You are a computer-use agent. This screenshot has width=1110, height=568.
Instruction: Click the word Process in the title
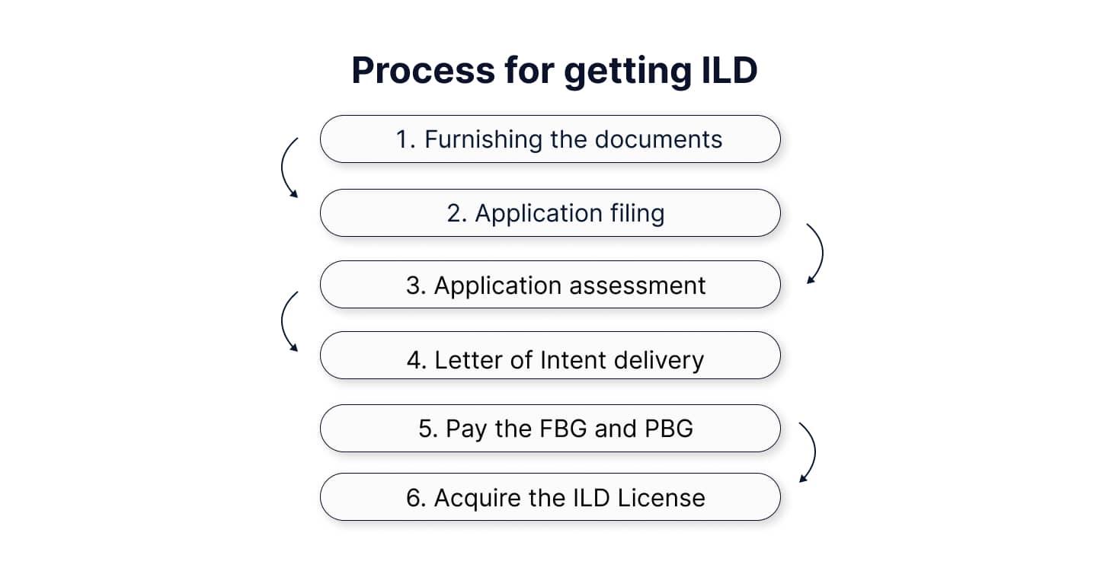click(423, 70)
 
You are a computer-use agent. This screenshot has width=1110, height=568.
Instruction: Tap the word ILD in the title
click(729, 70)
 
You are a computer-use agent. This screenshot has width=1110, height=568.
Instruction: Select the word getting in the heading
click(627, 72)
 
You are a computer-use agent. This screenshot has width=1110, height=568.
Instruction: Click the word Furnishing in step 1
click(483, 139)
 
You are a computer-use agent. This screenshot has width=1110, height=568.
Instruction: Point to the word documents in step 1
click(658, 139)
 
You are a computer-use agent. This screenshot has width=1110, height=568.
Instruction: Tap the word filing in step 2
click(637, 213)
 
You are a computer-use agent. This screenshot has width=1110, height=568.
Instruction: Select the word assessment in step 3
click(638, 286)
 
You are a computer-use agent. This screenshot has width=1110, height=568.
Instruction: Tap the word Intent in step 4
click(573, 360)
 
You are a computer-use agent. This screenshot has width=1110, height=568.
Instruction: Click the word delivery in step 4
click(659, 360)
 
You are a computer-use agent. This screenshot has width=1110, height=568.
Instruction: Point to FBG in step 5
click(563, 429)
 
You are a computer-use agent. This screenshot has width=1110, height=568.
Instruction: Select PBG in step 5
click(669, 429)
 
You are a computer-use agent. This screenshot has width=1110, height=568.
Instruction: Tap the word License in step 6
click(661, 498)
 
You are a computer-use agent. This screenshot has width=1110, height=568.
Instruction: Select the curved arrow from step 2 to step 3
click(823, 254)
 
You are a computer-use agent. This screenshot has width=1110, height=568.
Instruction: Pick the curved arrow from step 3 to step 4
click(283, 321)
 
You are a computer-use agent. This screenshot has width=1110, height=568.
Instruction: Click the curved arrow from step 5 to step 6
click(814, 452)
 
